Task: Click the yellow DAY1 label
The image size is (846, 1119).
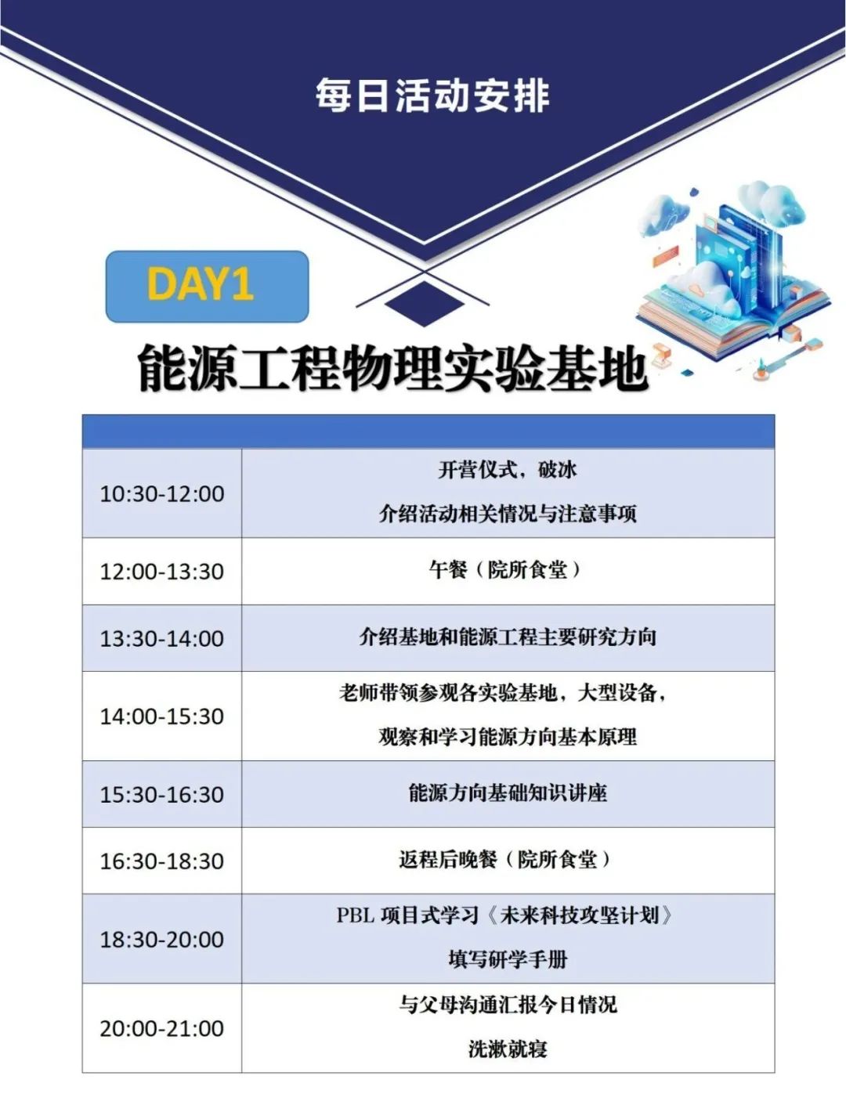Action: click(201, 284)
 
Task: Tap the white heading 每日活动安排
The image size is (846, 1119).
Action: click(432, 96)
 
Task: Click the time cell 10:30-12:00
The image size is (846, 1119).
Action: click(162, 494)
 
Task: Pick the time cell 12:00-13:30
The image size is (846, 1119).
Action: click(162, 572)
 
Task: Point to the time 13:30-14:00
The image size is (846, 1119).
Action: click(162, 639)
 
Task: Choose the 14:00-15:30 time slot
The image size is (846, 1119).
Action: click(162, 717)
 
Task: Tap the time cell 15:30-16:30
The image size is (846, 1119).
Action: click(162, 795)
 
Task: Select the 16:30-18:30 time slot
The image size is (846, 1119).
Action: click(162, 861)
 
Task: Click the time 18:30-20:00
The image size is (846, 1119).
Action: click(162, 940)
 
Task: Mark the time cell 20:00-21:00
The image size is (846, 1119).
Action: click(162, 1028)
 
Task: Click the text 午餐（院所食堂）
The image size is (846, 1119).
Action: click(505, 569)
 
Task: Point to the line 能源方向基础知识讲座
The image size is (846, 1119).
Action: click(508, 792)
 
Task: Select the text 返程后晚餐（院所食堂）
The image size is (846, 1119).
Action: click(505, 860)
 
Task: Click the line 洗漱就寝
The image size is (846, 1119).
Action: click(508, 1049)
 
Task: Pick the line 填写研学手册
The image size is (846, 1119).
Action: click(508, 960)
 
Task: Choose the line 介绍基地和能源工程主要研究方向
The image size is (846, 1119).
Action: click(508, 637)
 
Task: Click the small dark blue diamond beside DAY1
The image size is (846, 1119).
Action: click(425, 305)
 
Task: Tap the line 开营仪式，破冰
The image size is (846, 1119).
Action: click(508, 470)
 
